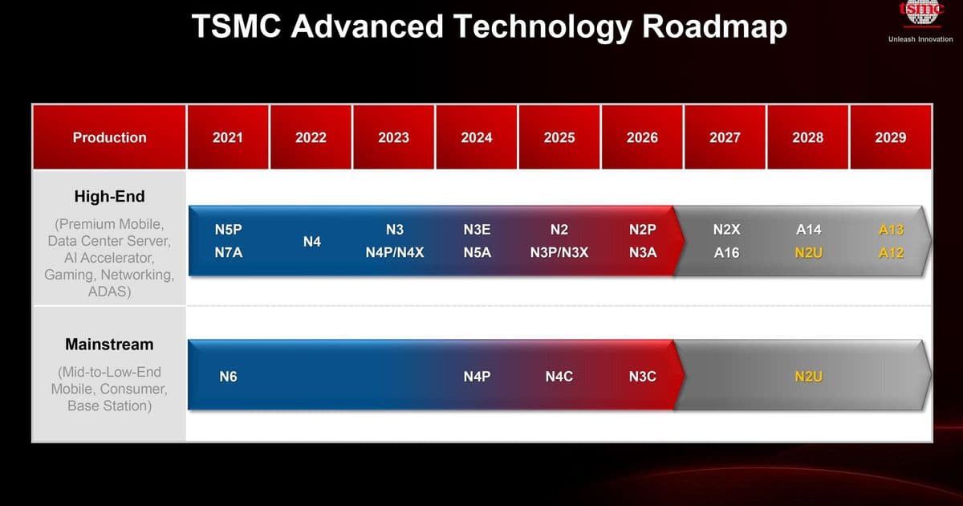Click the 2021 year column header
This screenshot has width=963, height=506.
[x=228, y=137]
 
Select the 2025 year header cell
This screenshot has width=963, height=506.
[x=559, y=137]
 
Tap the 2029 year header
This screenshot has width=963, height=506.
[x=891, y=137]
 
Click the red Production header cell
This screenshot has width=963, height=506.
[x=109, y=137]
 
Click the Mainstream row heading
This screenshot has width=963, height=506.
[x=109, y=345]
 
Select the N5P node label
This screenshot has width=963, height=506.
[x=229, y=230]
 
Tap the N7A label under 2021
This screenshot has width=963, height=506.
[x=229, y=253]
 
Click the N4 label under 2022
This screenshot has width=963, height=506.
[x=312, y=241]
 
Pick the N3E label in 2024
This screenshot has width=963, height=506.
[x=477, y=230]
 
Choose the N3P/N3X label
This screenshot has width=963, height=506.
[x=559, y=253]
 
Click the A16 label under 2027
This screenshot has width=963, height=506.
[x=726, y=253]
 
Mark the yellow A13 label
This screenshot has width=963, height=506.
[x=891, y=230]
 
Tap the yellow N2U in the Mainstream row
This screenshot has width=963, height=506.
[x=808, y=377]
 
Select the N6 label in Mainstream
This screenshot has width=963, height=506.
[x=229, y=377]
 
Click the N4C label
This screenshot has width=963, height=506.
[x=559, y=377]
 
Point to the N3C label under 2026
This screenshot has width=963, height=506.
[x=643, y=377]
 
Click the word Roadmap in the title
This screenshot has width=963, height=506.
[x=714, y=27]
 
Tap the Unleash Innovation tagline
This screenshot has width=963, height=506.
[x=920, y=39]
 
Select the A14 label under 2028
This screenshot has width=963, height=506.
[x=808, y=230]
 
